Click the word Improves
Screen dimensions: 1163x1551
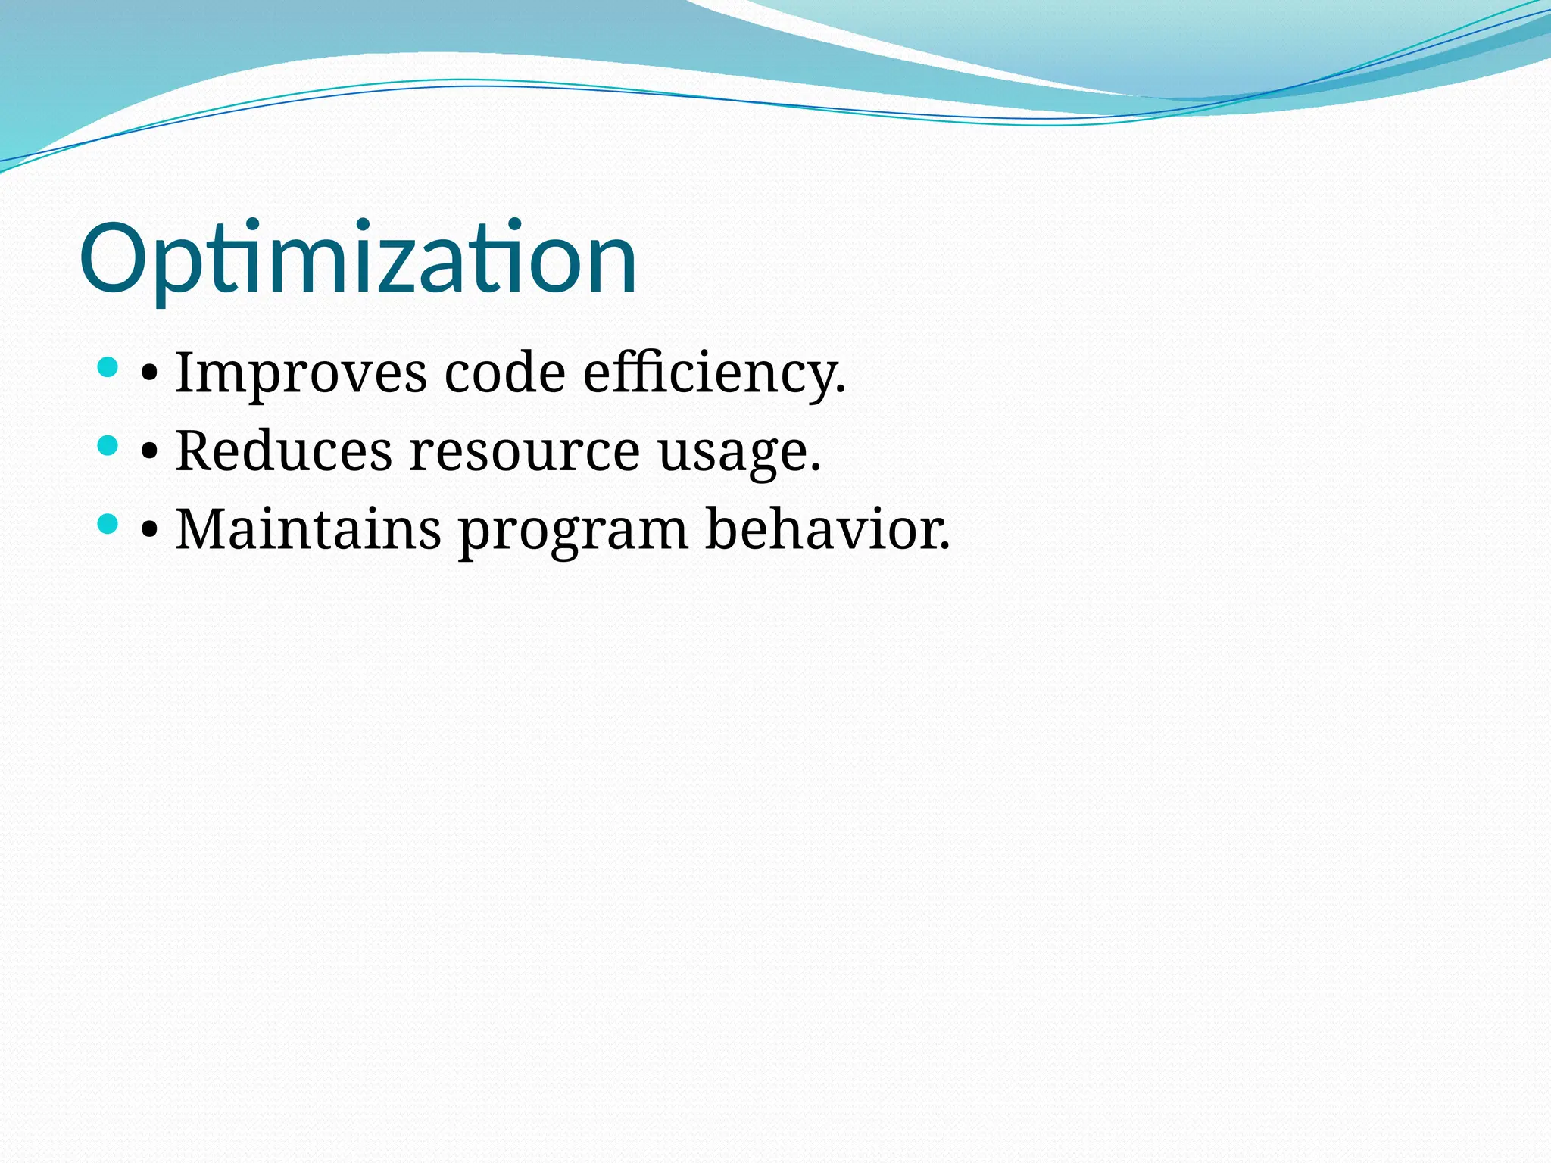coord(301,373)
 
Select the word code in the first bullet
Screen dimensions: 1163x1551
coord(504,373)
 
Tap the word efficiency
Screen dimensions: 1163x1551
coord(707,373)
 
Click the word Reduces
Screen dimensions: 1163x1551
coord(284,451)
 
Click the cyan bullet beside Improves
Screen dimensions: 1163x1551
coord(108,368)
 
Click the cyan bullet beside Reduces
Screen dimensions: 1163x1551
coord(108,445)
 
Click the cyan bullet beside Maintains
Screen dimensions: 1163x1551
coord(108,523)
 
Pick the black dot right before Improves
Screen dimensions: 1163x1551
coord(150,374)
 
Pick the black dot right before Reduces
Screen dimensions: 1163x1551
coord(150,452)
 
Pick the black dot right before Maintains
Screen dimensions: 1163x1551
coord(150,530)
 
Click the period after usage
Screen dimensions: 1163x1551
coord(815,469)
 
